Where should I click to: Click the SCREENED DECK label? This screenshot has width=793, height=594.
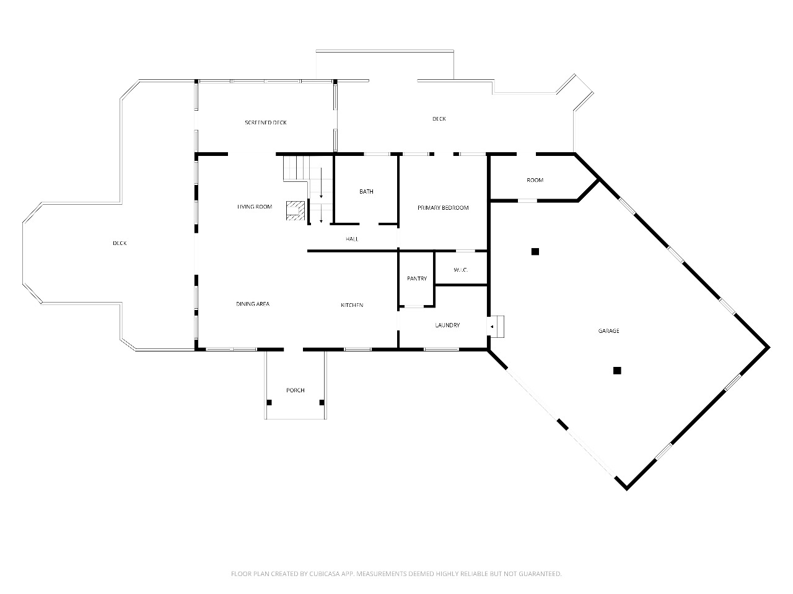[x=266, y=123]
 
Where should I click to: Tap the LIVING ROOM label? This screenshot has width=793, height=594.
[x=255, y=207]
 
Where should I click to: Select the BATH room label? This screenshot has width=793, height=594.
[x=366, y=192]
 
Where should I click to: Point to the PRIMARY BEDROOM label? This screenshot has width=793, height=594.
[x=443, y=208]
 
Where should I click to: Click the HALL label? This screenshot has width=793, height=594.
[x=352, y=239]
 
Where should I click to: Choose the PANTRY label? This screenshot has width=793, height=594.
[x=417, y=278]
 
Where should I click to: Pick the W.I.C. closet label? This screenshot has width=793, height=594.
[x=461, y=270]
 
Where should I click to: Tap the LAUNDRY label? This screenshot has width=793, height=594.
[x=447, y=325]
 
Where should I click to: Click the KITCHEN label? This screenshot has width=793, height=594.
[x=352, y=305]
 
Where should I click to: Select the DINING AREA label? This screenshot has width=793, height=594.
[x=253, y=304]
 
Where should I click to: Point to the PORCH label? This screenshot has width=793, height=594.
[x=295, y=390]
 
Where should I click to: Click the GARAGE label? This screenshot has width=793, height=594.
[x=609, y=330]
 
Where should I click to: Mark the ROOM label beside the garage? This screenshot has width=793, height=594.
[x=535, y=180]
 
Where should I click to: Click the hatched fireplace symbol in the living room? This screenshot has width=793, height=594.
[x=296, y=210]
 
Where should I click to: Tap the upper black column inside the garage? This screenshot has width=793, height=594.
[x=535, y=252]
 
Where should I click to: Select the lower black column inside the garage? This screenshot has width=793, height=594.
[x=617, y=371]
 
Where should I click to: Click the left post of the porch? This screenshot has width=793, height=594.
[x=269, y=402]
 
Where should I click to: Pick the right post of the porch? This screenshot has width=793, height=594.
[x=322, y=402]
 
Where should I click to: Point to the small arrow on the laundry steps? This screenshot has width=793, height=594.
[x=492, y=327]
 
